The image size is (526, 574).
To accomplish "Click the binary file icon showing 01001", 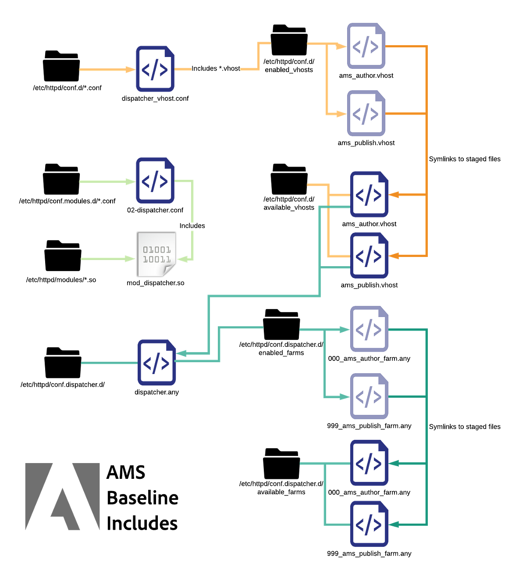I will click(x=157, y=255).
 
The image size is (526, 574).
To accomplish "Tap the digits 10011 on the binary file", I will click(x=157, y=260).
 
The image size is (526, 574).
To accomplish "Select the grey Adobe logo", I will click(x=62, y=496).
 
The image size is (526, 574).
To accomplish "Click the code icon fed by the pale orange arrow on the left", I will click(x=155, y=69).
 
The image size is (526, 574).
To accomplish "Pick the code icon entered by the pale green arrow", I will click(x=155, y=180).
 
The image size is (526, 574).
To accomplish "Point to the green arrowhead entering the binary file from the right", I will click(x=182, y=260).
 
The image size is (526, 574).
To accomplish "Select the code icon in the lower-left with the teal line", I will click(x=156, y=362).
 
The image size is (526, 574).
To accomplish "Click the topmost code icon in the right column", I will click(x=366, y=46).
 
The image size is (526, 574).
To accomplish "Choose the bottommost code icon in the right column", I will click(x=369, y=524).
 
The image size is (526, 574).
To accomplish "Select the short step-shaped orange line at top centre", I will click(x=259, y=56).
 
